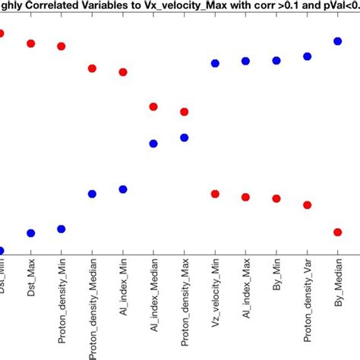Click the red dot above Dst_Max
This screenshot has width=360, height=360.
click(31, 43)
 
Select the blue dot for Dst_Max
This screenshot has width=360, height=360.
click(31, 233)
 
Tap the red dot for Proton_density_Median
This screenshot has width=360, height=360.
click(92, 68)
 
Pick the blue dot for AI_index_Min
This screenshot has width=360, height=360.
click(122, 189)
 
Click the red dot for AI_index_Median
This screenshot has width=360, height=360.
click(153, 107)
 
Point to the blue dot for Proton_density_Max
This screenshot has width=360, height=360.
click(184, 137)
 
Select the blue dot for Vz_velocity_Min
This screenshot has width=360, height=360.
click(215, 64)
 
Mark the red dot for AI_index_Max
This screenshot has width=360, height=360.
click(245, 197)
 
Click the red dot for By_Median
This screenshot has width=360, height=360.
click(338, 232)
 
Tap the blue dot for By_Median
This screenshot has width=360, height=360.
click(338, 41)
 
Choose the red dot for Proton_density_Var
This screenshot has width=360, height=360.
click(307, 205)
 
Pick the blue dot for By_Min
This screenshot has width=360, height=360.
click(276, 61)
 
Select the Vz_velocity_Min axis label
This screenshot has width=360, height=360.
click(215, 299)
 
